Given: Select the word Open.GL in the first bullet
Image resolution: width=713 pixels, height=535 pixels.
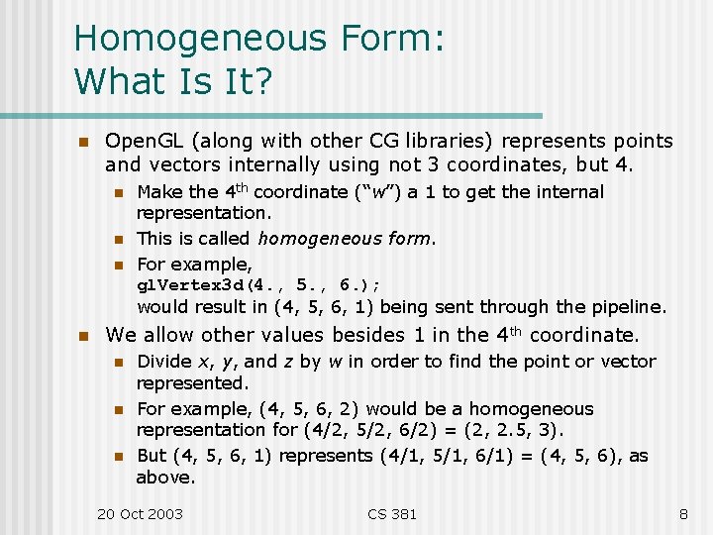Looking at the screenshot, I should click(x=139, y=141).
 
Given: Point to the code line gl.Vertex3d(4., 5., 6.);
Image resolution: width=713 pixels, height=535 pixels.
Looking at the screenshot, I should click(x=258, y=285).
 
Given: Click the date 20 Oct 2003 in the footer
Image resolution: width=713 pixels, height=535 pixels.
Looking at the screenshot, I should click(x=140, y=513).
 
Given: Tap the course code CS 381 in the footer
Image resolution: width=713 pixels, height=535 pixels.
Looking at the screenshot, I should click(x=392, y=513).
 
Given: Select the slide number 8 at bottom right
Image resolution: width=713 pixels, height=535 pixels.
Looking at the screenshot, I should click(x=683, y=513).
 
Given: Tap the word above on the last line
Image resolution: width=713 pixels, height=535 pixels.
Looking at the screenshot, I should click(x=164, y=478).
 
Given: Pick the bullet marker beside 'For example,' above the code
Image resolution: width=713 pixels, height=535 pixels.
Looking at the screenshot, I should click(x=116, y=265).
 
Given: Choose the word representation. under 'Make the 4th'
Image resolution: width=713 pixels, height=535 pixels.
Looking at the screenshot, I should click(x=203, y=212).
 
